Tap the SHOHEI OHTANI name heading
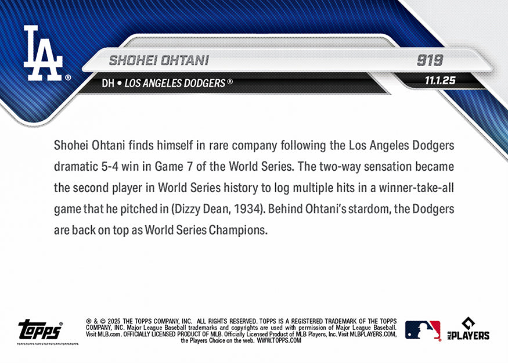pyautogui.click(x=158, y=60)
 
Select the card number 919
pyautogui.click(x=430, y=60)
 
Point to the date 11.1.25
pyautogui.click(x=439, y=81)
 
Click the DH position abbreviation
pyautogui.click(x=107, y=83)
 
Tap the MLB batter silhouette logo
pyautogui.click(x=423, y=330)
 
